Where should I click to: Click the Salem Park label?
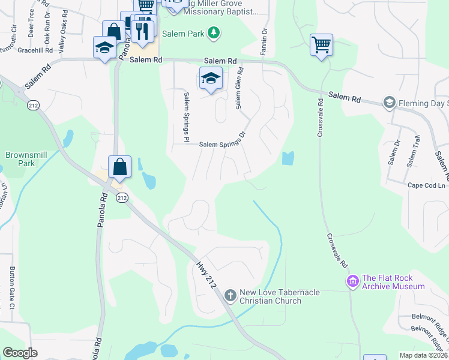point(187,34)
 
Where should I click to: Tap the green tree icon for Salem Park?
point(212,33)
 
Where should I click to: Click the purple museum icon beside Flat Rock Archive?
point(352,280)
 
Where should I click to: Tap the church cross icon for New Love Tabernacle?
point(230,295)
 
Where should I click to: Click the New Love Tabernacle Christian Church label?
point(279,296)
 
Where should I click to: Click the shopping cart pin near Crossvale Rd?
point(321,44)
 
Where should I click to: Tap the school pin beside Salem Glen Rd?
point(211,78)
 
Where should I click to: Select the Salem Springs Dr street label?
point(222,143)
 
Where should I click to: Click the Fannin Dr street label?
point(263,42)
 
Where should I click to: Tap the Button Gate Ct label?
point(11,287)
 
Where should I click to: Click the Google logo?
point(20,353)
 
